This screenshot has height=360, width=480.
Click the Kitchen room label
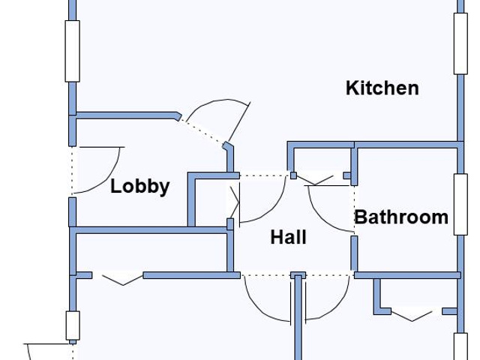coord(382,88)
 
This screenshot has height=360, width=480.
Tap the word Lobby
coord(140,186)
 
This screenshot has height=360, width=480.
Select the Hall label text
coord(288,238)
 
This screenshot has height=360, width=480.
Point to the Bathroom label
coord(401,217)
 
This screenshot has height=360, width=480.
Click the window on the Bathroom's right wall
coord(460,204)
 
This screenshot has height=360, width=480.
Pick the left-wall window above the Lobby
coord(72,50)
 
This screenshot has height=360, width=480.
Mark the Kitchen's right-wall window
coord(460,43)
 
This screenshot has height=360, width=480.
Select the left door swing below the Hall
coord(267,300)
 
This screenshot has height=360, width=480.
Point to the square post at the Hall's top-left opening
coord(294,176)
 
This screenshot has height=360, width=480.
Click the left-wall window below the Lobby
coord(72,325)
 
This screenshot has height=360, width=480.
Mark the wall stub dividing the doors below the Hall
coord(298,315)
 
